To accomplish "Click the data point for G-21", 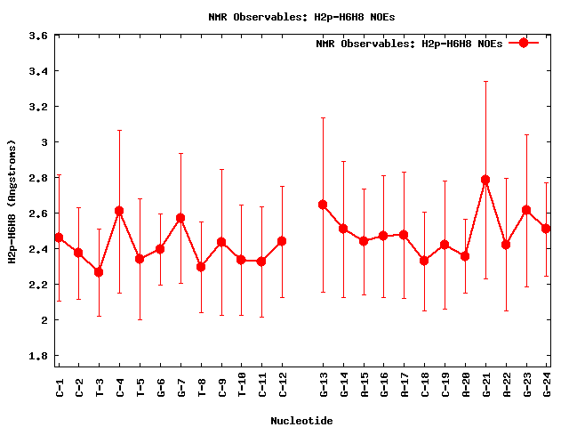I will tap(485, 180).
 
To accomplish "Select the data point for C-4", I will tap(119, 211).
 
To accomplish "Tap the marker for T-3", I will tap(99, 272).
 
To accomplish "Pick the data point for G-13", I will tap(323, 205).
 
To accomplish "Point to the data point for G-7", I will tap(180, 218).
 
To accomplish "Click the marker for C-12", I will tap(282, 241).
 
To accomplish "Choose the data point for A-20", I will tap(465, 256).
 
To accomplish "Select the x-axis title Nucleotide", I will tap(301, 421).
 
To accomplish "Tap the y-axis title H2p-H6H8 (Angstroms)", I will tap(12, 202).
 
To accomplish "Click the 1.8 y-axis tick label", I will tap(38, 356).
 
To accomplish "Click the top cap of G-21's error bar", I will tap(485, 82).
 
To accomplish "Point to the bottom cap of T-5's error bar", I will tap(140, 319).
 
